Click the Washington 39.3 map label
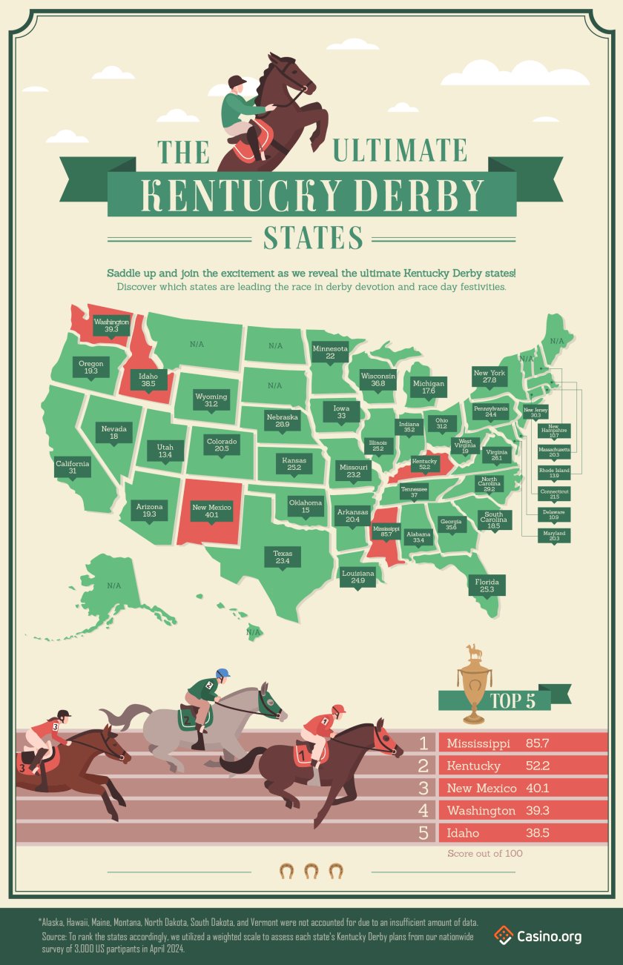coord(111,327)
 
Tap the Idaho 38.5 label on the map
coord(148,380)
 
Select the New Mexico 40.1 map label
coord(212,511)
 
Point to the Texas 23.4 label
coord(282,557)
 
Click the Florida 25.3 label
coord(487,585)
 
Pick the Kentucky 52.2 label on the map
coord(424,464)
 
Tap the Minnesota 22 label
coord(330,352)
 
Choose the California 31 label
coord(73,468)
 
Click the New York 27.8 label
coord(489,377)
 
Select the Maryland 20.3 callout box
coord(554,536)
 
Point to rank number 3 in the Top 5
coord(423,788)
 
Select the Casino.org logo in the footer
coord(538,936)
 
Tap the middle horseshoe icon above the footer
coord(311,870)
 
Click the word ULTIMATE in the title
coord(398,150)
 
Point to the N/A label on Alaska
coord(113,586)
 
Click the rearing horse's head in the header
coord(284,74)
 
